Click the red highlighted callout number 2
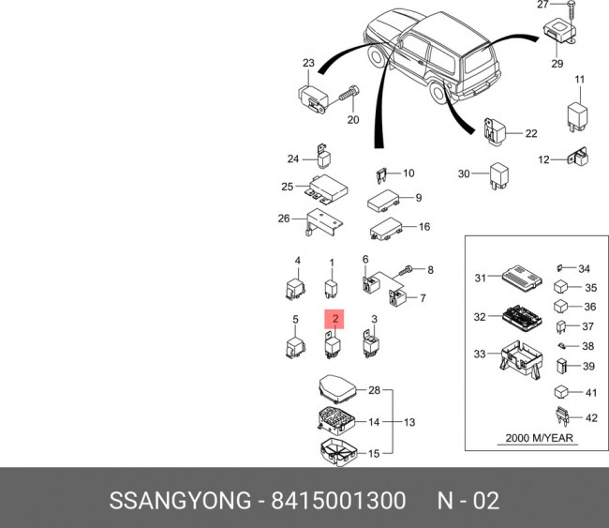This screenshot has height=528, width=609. [335, 319]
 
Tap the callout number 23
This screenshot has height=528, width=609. [307, 63]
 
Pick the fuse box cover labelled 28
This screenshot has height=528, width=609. [336, 388]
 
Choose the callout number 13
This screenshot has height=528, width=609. [410, 422]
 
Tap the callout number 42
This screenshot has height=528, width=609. [590, 417]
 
